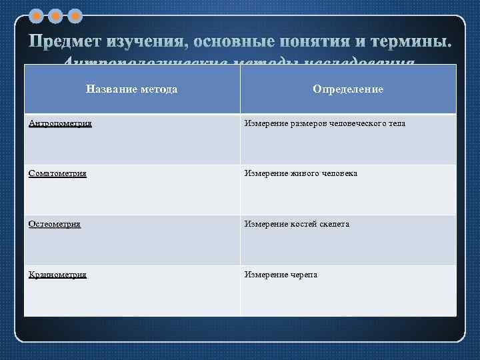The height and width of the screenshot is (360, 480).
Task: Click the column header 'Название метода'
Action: [x=131, y=89]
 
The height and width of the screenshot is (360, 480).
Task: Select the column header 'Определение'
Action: [x=348, y=89]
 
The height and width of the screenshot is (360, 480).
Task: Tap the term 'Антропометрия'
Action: [x=61, y=123]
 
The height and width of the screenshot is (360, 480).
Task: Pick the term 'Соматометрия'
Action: [x=58, y=173]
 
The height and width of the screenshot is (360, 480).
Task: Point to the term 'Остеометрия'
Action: [x=55, y=224]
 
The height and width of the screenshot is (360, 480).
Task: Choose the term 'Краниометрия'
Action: [x=58, y=274]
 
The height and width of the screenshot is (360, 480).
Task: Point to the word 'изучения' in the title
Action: [x=147, y=41]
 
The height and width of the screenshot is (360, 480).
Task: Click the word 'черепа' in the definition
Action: [x=304, y=274]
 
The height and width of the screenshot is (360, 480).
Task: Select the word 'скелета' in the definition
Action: [x=335, y=224]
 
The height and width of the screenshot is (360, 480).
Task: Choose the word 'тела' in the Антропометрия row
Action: [x=396, y=123]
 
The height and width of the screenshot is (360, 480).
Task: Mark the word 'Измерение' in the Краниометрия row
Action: [x=265, y=274]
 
